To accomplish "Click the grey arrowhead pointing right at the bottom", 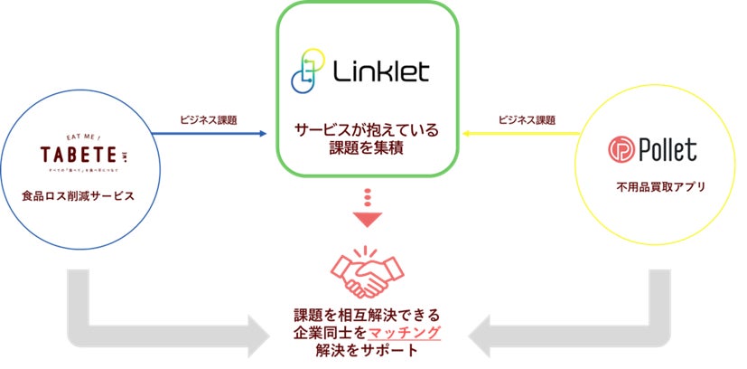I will (258, 335).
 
